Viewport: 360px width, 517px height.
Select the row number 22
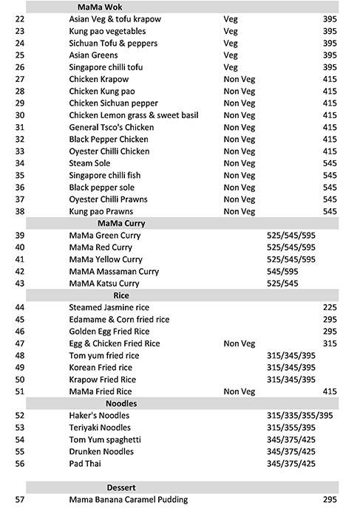click(x=20, y=19)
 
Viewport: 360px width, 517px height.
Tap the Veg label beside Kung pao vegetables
click(x=231, y=31)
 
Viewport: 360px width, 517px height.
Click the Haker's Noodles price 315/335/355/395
click(x=299, y=416)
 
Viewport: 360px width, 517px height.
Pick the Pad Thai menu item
click(x=85, y=464)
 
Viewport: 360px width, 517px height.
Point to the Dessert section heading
click(x=122, y=487)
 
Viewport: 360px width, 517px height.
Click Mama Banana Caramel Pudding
click(x=128, y=500)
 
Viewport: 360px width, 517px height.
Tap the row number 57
click(x=20, y=500)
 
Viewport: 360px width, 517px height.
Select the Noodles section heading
click(x=121, y=404)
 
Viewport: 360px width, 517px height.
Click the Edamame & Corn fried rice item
click(x=119, y=320)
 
